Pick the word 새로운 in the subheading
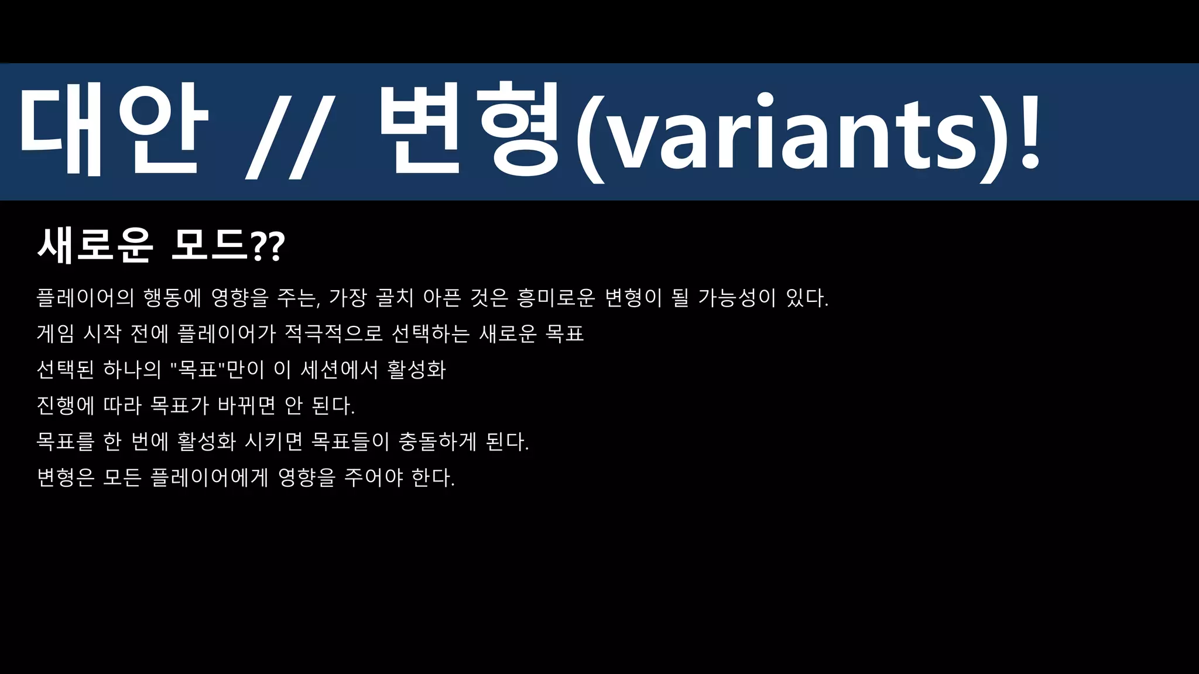[x=95, y=245]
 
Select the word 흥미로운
[x=556, y=298]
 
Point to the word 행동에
[x=172, y=298]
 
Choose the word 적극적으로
[x=333, y=333]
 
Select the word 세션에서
[x=339, y=369]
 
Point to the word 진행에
[x=65, y=405]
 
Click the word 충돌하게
[x=437, y=441]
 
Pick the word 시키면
[x=273, y=441]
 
